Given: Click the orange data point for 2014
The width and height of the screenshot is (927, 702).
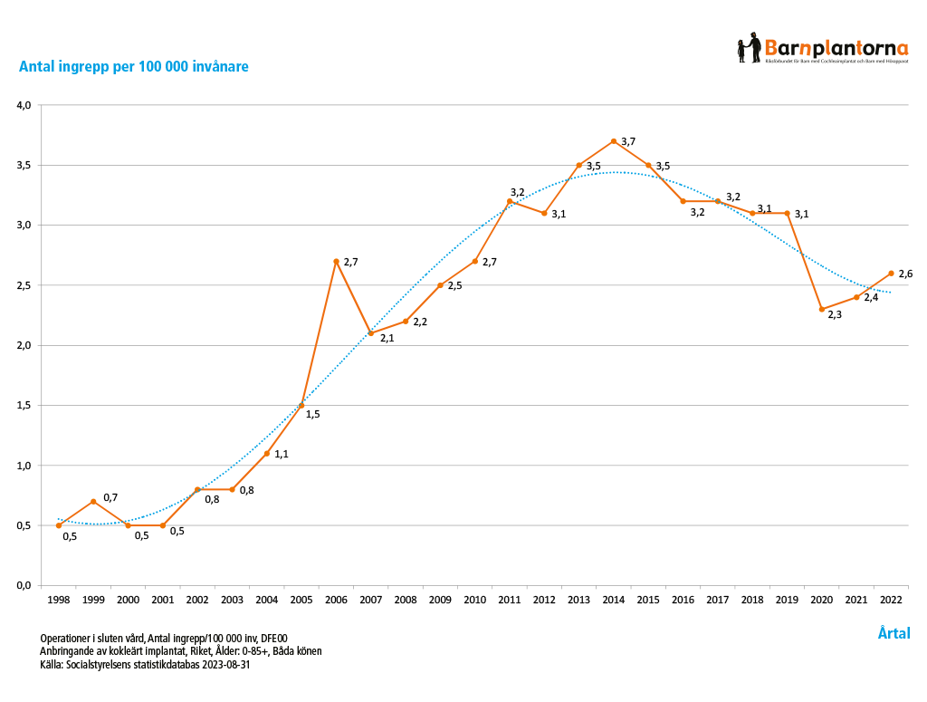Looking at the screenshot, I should [614, 141].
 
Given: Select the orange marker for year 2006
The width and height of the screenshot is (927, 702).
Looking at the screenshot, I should [336, 261].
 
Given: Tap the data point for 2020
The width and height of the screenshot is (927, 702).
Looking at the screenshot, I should [822, 309].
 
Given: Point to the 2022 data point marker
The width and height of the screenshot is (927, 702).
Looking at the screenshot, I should [891, 273].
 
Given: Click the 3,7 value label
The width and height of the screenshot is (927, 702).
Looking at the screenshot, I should [628, 141].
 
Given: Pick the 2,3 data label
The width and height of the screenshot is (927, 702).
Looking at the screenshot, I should [835, 315].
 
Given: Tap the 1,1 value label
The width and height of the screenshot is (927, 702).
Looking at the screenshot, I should [281, 454].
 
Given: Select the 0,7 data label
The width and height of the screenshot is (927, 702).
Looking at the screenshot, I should [110, 497].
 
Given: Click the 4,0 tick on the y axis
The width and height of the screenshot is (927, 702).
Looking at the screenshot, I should [24, 105].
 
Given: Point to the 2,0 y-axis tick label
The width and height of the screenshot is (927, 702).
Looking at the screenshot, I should [24, 345].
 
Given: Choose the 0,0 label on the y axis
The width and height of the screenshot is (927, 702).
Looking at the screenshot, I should [24, 585].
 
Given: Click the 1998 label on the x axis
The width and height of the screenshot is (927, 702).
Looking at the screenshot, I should [59, 600].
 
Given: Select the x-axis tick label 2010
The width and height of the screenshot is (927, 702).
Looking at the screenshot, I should [474, 600].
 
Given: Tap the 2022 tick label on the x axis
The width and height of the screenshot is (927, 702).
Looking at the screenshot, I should [891, 600].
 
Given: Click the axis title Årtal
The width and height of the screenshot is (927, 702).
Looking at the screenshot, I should [894, 633].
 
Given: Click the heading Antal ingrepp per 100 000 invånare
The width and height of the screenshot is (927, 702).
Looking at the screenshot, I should [134, 67].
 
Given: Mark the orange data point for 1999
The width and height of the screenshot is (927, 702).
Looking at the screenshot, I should [93, 501].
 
